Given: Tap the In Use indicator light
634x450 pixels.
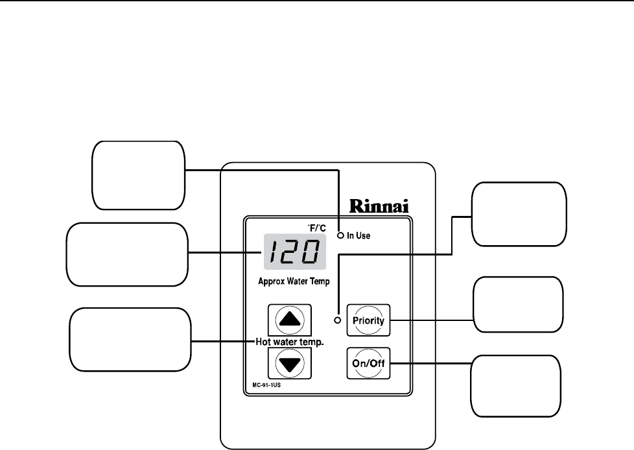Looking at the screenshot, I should (x=340, y=236).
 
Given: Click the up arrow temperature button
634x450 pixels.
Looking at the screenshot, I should (x=289, y=319).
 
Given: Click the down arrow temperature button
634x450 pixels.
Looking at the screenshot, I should (x=289, y=363).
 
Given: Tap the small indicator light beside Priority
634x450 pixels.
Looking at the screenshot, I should (x=338, y=320).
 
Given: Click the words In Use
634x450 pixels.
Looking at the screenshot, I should (x=358, y=236).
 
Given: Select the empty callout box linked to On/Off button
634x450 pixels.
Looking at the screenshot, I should (x=515, y=385).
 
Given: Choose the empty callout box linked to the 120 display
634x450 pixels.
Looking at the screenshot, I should (x=127, y=254).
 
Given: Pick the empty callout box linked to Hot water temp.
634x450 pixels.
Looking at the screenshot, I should (x=130, y=340).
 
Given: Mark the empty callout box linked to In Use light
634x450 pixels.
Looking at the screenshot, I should (x=138, y=175).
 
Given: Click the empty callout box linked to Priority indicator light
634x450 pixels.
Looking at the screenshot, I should (x=519, y=214).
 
